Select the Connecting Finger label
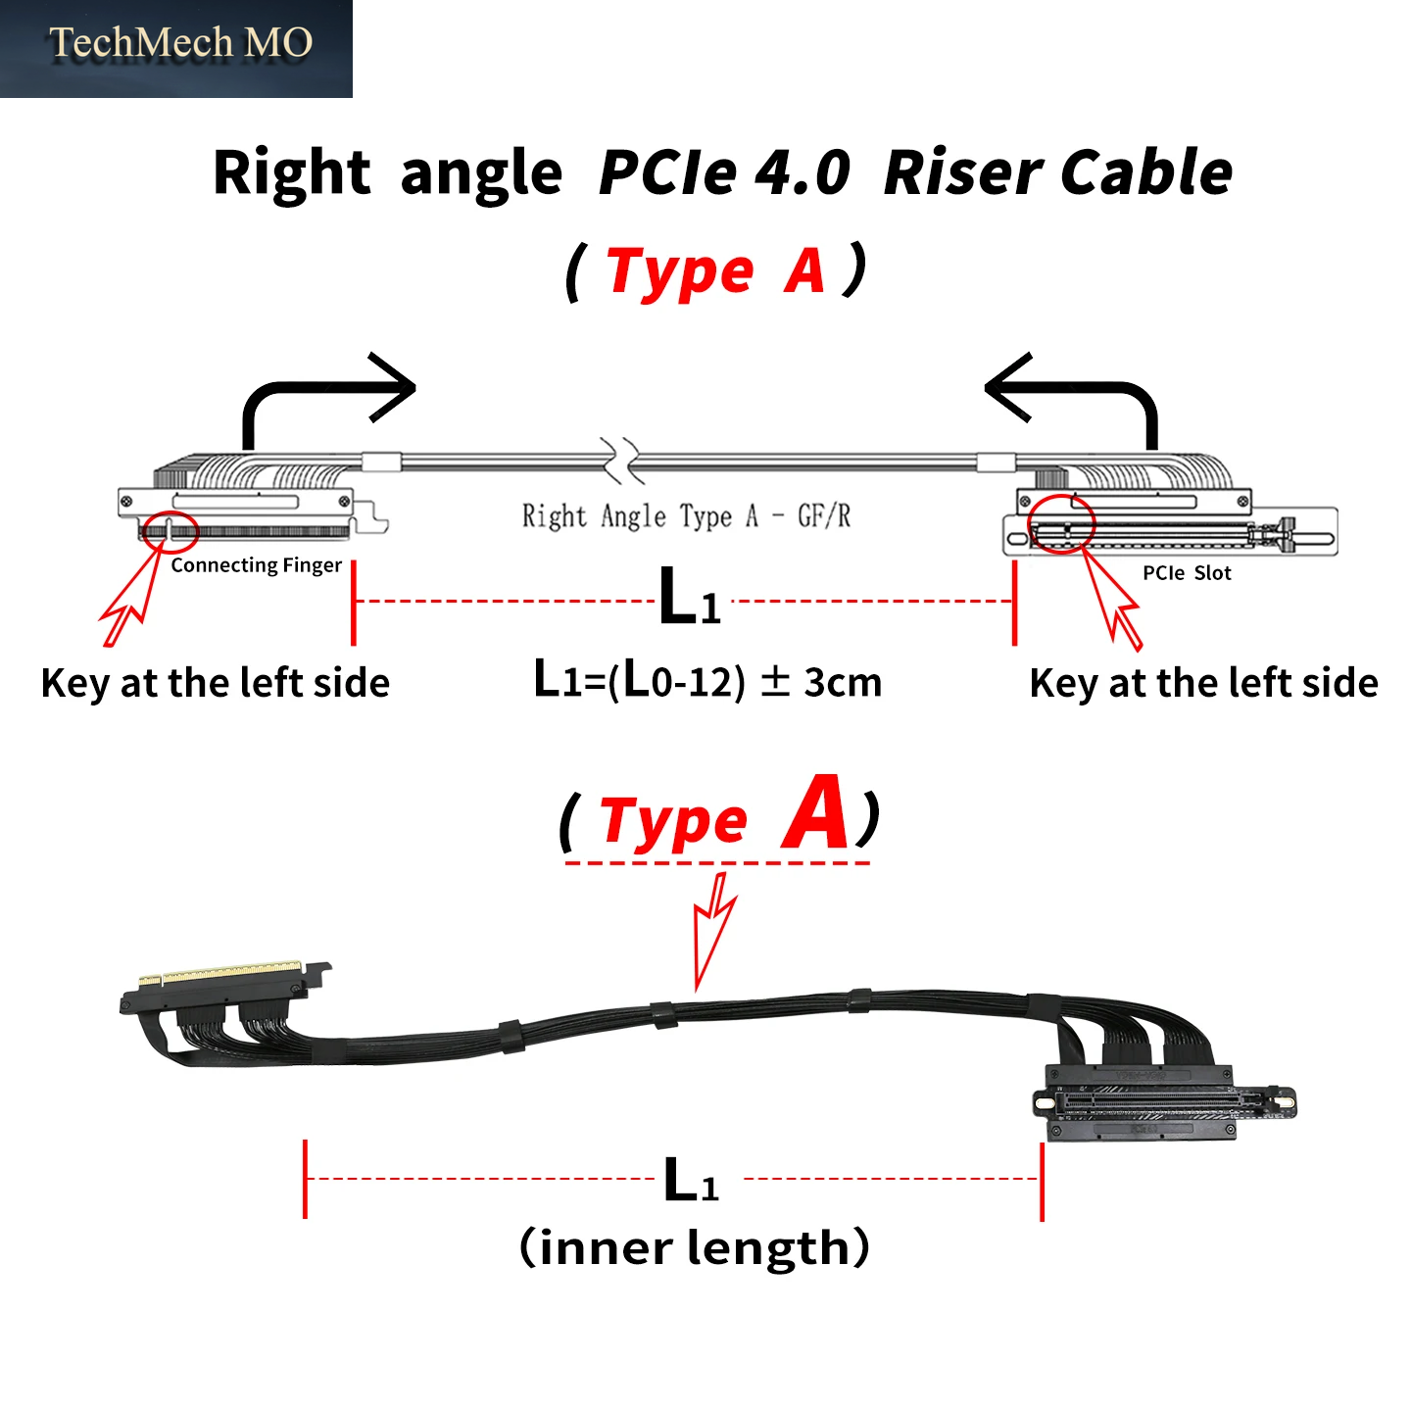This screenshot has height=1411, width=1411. (x=257, y=565)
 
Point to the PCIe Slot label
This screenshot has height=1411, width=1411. (x=1187, y=573)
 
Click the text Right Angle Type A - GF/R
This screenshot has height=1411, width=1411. (x=686, y=516)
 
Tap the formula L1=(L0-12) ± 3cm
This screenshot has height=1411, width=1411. (x=707, y=680)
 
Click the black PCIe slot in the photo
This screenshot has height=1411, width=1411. (x=1163, y=1103)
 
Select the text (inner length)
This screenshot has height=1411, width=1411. (x=694, y=1247)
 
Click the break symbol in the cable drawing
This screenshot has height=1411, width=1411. (x=621, y=462)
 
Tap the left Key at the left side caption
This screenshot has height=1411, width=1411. (x=216, y=684)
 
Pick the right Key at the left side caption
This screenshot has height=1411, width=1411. (x=1204, y=684)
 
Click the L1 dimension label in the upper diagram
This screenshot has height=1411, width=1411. (x=689, y=597)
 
